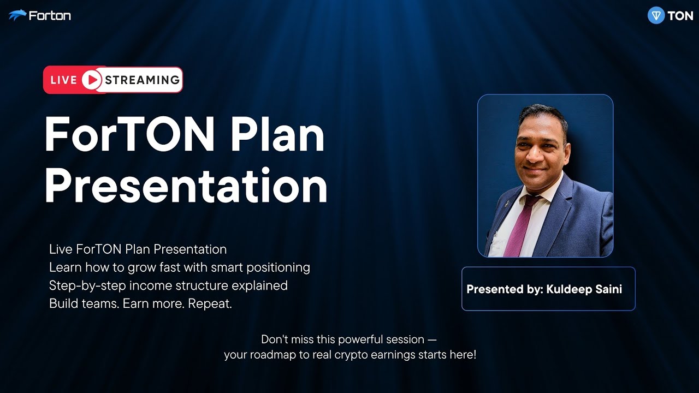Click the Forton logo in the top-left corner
[39, 15]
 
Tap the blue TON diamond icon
[656, 16]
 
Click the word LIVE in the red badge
[63, 80]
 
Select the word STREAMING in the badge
[142, 80]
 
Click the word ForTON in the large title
[129, 135]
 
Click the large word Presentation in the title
[186, 186]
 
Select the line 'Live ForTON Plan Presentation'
[138, 249]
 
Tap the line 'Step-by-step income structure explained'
[168, 285]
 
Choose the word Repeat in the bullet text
[210, 304]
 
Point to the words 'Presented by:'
[505, 289]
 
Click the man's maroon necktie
[518, 224]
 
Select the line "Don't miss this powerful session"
[349, 340]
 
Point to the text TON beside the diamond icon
[680, 16]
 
